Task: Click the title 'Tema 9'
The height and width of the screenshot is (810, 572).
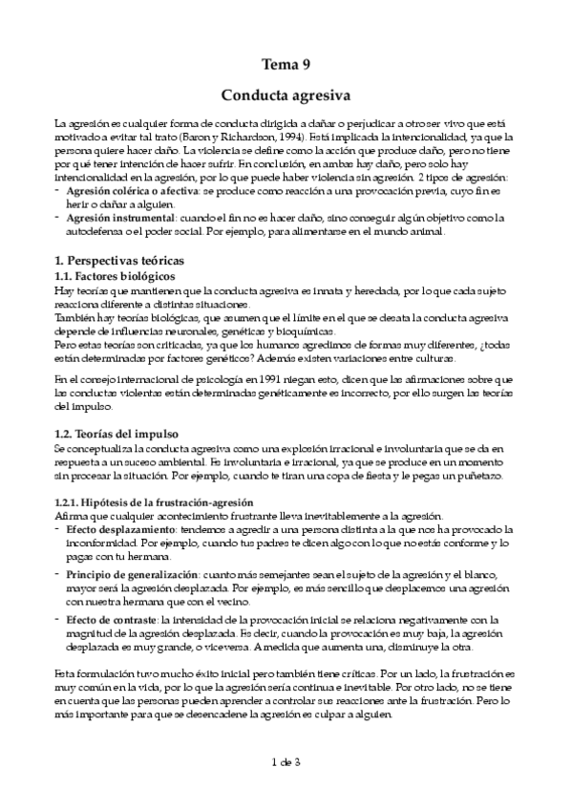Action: (x=286, y=65)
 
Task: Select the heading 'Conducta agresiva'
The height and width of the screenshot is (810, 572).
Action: (x=286, y=96)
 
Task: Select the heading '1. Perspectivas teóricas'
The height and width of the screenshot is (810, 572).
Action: (x=119, y=260)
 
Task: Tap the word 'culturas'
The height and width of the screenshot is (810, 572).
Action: (x=433, y=357)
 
